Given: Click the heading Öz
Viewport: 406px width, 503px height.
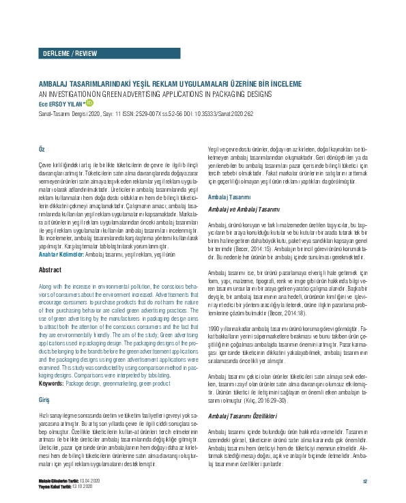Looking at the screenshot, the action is click(x=42, y=149).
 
